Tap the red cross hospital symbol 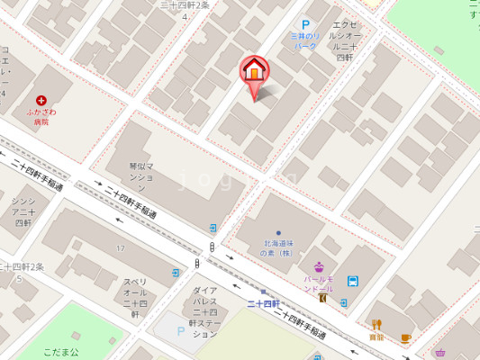coord(41,101)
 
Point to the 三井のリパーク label coord(304,40)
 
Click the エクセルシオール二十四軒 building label coord(345,40)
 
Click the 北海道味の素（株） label coord(278,248)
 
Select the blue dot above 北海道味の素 coord(278,233)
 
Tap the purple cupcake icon coord(319,265)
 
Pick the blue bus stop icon coord(352,280)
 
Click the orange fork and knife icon coord(376,324)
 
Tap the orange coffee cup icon coord(405,338)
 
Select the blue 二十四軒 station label coord(263,304)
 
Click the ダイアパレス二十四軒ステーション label coord(204,312)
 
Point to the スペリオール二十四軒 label coord(136,298)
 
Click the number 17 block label coord(119,247)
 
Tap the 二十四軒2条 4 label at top coord(184,10)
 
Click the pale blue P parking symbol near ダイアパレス coord(180,331)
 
